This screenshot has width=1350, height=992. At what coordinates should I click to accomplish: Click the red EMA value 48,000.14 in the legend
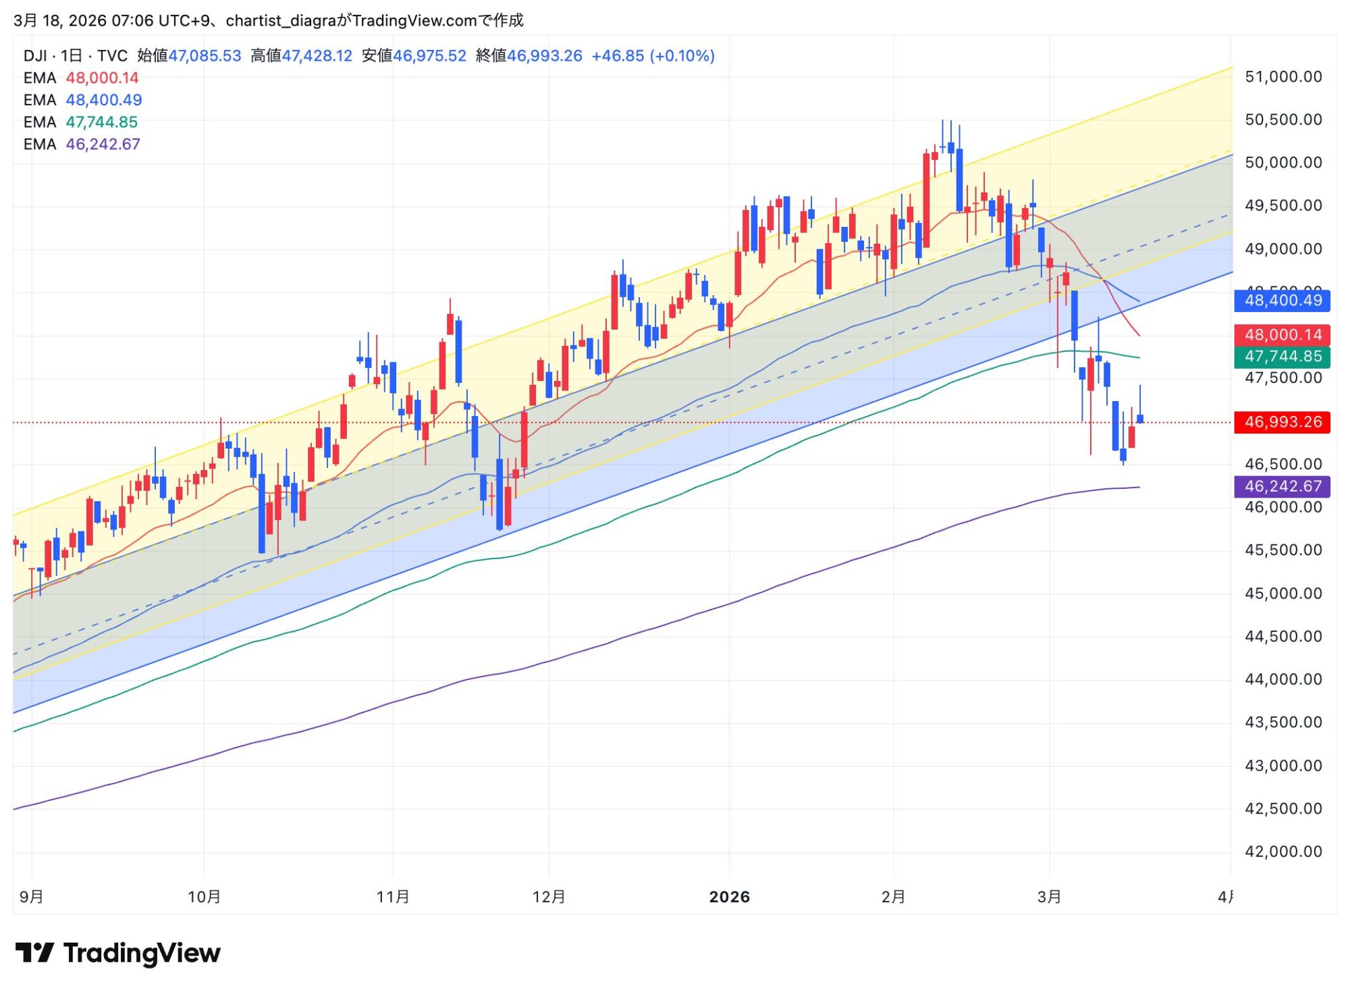point(102,78)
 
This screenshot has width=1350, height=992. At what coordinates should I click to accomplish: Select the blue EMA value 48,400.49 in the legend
point(103,100)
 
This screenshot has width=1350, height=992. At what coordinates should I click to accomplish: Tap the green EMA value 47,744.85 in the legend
point(101,122)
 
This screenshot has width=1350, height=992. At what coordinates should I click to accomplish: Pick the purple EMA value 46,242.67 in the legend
point(103,145)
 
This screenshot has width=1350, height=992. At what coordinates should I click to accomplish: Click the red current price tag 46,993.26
point(1282,422)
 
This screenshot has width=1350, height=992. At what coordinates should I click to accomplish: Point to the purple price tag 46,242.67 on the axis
point(1282,486)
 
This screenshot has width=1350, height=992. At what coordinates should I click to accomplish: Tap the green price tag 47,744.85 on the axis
point(1282,357)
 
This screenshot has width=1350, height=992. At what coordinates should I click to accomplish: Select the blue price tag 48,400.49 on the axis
point(1282,301)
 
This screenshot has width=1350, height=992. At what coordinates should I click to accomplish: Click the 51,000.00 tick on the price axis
point(1283,77)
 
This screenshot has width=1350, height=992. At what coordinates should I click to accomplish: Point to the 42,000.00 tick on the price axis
point(1283,852)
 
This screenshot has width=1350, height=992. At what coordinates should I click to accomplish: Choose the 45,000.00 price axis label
point(1283,594)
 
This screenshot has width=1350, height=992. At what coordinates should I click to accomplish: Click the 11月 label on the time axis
point(393,897)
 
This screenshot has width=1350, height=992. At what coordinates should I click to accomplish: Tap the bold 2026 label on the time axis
point(729,897)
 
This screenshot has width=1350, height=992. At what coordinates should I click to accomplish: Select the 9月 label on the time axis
point(32,897)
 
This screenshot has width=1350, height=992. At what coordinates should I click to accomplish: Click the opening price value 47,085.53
point(205,56)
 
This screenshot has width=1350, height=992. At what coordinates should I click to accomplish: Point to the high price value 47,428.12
point(317,56)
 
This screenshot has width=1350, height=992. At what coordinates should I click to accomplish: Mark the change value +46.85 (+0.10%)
point(653,56)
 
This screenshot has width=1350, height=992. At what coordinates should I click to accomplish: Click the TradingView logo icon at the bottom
point(34,953)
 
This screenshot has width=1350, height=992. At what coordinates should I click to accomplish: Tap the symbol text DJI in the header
point(35,56)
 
